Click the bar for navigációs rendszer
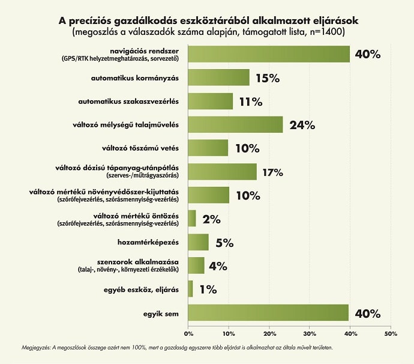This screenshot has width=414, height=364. tap(269, 54)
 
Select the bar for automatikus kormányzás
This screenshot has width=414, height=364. tap(219, 77)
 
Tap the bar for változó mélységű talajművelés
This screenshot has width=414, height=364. tap(235, 124)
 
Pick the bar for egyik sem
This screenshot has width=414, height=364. tap(268, 313)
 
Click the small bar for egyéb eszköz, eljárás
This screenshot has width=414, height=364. tap(191, 289)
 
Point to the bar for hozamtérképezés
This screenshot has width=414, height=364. tap(199, 242)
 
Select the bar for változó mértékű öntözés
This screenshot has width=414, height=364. tap(192, 219)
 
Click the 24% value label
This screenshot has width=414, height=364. tap(302, 125)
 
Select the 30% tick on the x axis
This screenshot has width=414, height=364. tap(310, 333)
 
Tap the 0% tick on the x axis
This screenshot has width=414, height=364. tap(188, 333)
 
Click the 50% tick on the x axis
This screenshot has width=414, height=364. tap(391, 333)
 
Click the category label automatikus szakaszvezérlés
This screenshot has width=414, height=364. tap(139, 102)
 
